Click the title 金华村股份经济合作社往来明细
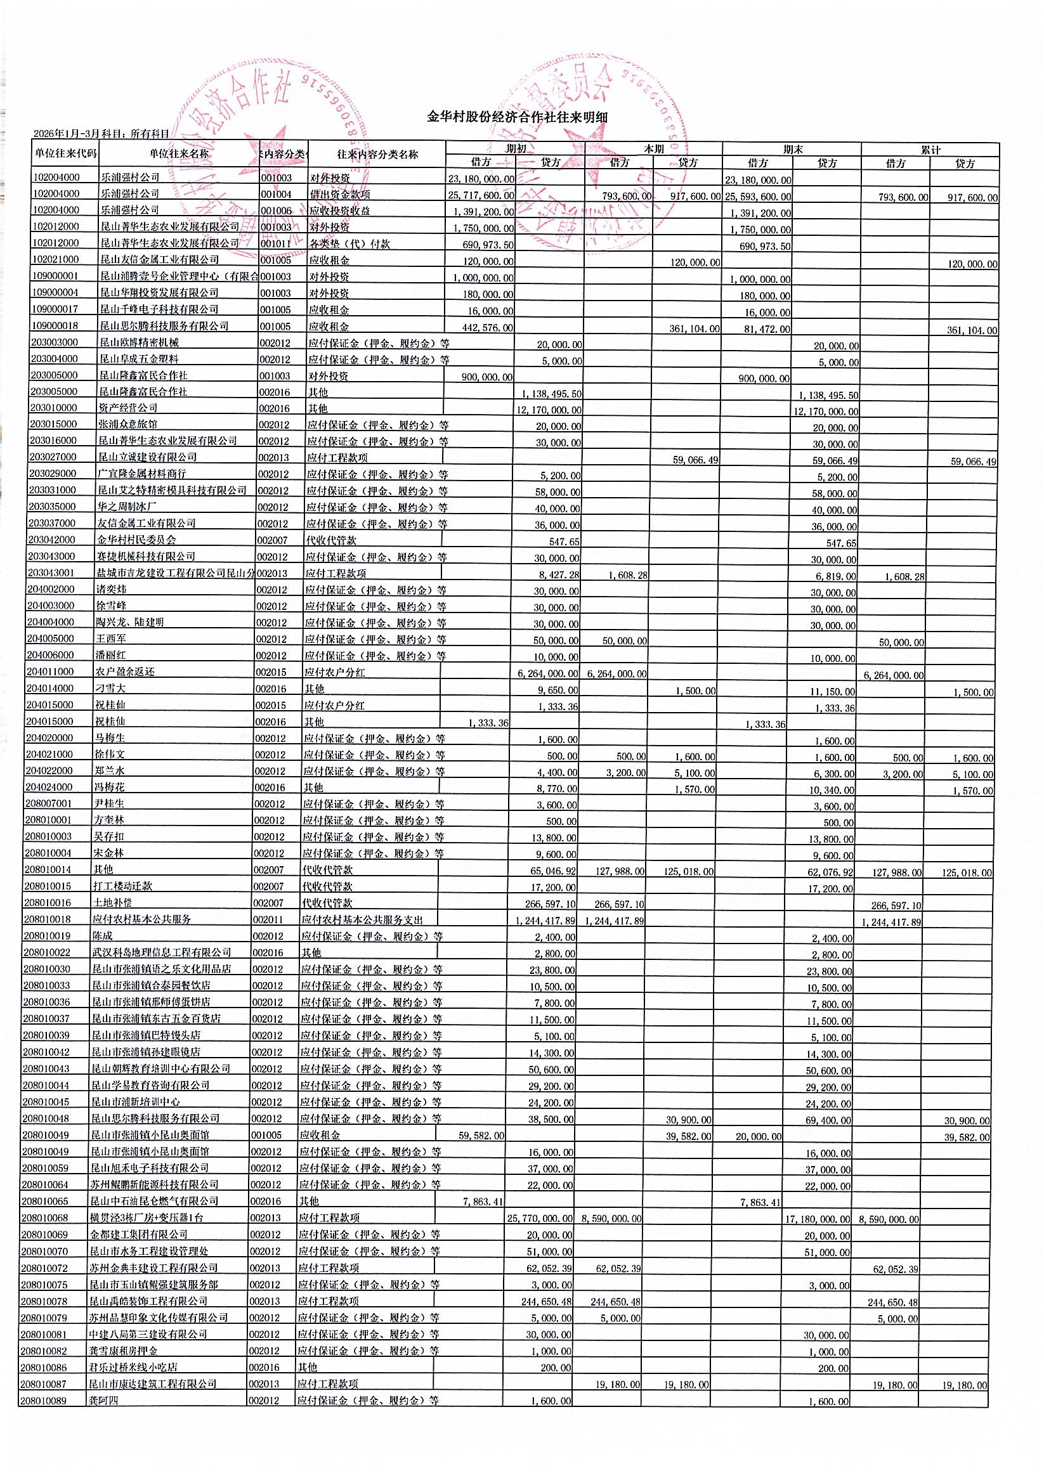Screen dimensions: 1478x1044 [x=517, y=117]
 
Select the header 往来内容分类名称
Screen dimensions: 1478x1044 [x=377, y=155]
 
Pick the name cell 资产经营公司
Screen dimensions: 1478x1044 [x=127, y=408]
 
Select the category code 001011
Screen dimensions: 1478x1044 [x=276, y=244]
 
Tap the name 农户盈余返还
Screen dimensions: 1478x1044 [x=126, y=671]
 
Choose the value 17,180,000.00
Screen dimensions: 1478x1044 [x=818, y=1219]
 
